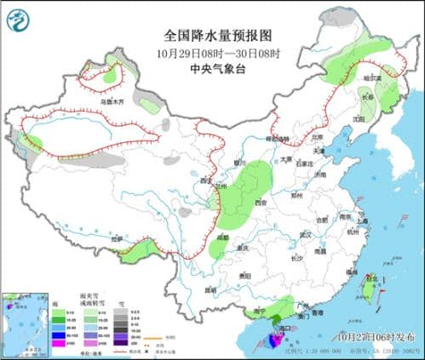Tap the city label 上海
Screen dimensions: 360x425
362,220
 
